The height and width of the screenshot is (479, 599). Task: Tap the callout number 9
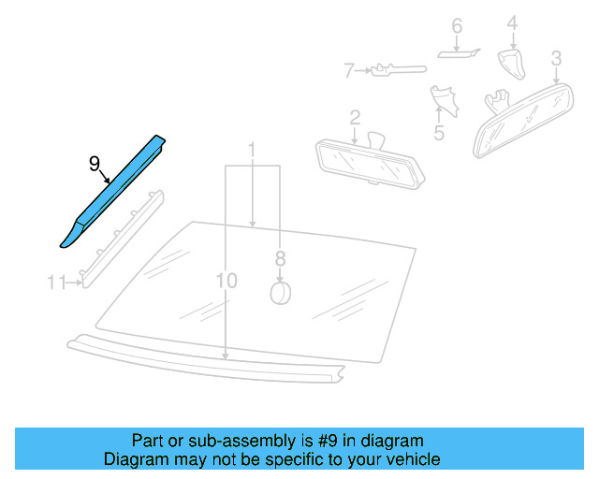(94, 163)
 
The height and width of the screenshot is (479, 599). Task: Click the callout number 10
(226, 281)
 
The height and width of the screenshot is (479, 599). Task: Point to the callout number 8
(279, 257)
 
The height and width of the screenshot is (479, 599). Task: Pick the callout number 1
(252, 150)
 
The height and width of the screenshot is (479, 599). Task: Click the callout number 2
(355, 117)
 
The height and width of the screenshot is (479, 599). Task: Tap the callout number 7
(348, 69)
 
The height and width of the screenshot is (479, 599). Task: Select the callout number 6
(457, 25)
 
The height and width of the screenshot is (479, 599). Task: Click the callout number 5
(438, 133)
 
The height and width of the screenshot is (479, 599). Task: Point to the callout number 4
(512, 22)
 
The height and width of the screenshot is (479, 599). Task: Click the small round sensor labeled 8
(280, 293)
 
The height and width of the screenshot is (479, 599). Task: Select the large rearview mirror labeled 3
(524, 117)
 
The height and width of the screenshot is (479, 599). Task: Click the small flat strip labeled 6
(459, 53)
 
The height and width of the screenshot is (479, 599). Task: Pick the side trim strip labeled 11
(122, 234)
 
